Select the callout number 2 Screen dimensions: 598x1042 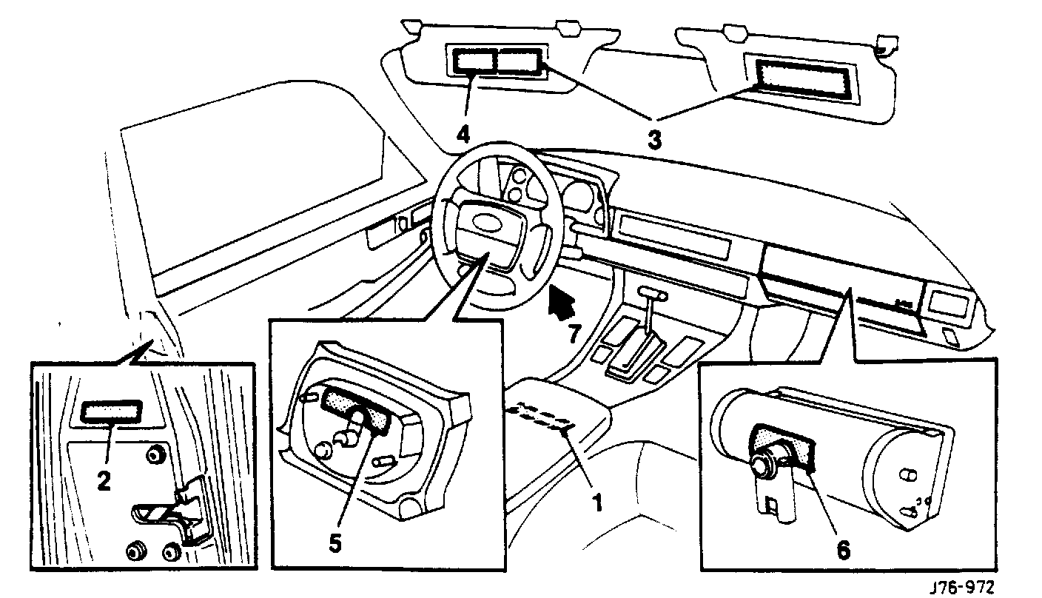point(104,482)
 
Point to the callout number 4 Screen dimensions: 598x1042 point(463,134)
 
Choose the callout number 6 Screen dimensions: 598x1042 point(844,550)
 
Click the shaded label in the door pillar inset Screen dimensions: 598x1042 point(110,412)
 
